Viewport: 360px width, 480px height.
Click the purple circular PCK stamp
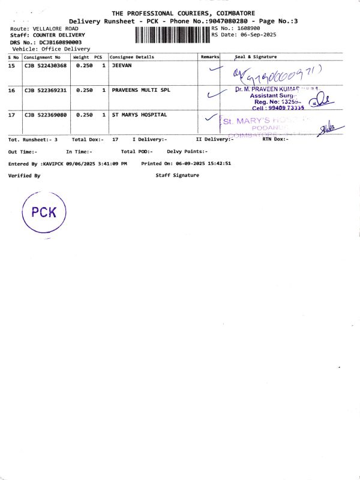click(43, 212)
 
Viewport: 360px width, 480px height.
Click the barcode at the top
click(172, 34)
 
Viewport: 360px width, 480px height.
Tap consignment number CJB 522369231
click(46, 90)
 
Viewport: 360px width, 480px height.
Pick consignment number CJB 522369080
click(46, 115)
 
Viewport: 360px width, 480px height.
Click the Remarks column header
click(209, 57)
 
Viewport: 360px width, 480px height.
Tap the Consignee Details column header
click(132, 57)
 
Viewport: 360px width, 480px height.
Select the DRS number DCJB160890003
click(61, 42)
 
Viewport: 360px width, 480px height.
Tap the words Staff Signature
click(177, 175)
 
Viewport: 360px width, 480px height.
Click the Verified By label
click(24, 175)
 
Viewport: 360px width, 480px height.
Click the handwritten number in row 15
click(279, 74)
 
